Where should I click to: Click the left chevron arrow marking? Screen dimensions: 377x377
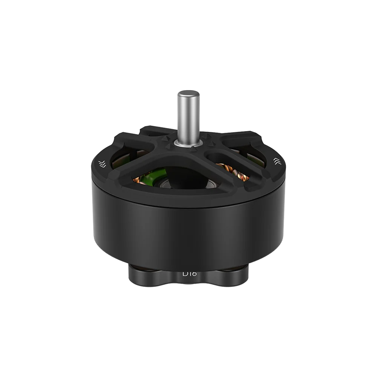101,163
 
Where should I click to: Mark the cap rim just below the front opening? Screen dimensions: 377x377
185,196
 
